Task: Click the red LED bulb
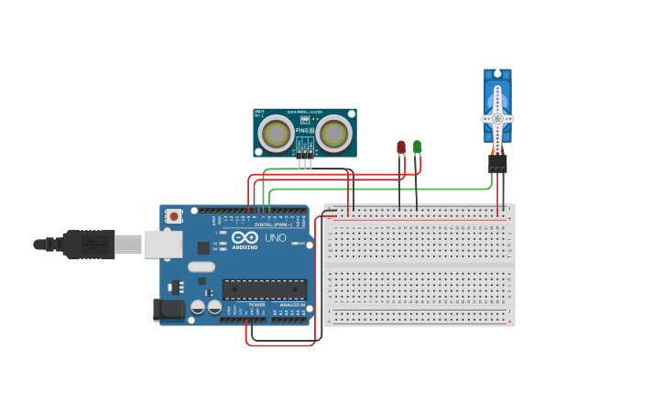[401, 147]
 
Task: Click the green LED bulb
[417, 146]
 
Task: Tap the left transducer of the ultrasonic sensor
[276, 135]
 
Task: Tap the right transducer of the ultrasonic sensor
[334, 135]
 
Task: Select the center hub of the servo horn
[497, 118]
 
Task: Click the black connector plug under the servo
[497, 162]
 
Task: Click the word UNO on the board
[276, 238]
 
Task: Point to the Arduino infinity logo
[245, 237]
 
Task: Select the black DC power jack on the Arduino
[169, 310]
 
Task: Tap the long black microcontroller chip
[265, 289]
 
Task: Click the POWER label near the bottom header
[256, 304]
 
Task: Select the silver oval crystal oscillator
[201, 268]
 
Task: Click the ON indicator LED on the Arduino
[299, 244]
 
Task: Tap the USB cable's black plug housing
[88, 245]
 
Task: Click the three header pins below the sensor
[305, 162]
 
